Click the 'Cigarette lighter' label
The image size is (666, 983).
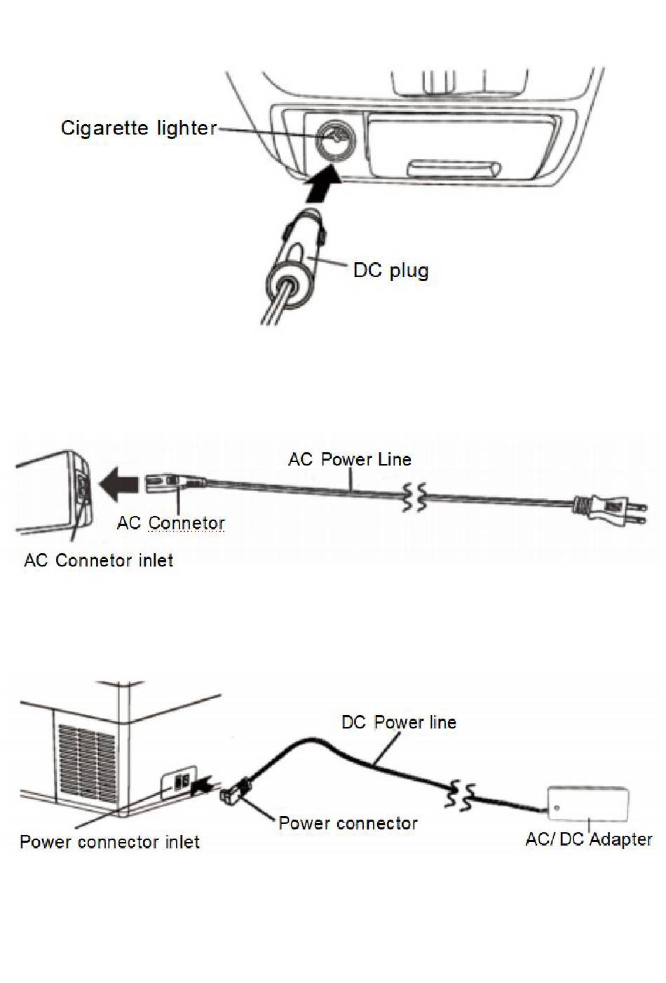pos(138,128)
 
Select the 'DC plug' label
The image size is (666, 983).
pos(390,271)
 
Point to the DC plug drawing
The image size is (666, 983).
pos(294,259)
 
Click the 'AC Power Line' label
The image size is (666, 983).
pos(350,459)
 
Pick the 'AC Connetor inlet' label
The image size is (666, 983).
pos(98,560)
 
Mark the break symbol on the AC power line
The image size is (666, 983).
pos(413,496)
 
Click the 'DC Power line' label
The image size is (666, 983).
pos(398,722)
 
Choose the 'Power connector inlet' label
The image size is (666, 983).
pos(109,841)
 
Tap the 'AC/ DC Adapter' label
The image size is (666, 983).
pos(589,839)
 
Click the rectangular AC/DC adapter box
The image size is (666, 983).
pos(588,802)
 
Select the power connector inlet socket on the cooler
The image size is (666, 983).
pos(182,782)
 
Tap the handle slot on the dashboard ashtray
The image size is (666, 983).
pos(454,168)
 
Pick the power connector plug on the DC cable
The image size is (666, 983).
pos(233,792)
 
